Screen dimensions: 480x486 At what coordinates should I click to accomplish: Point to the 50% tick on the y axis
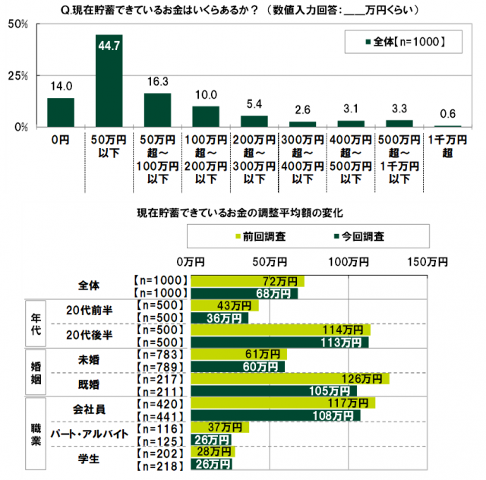click(18, 24)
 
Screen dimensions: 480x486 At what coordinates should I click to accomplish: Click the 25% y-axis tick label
click(18, 76)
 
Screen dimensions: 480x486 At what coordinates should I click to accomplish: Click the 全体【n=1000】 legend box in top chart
click(403, 42)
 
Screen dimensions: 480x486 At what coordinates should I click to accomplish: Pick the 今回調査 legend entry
click(359, 236)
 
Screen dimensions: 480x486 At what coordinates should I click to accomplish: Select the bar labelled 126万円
click(289, 378)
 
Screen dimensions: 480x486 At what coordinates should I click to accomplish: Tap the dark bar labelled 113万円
click(279, 342)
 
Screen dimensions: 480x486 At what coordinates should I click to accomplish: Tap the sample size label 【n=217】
click(159, 378)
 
